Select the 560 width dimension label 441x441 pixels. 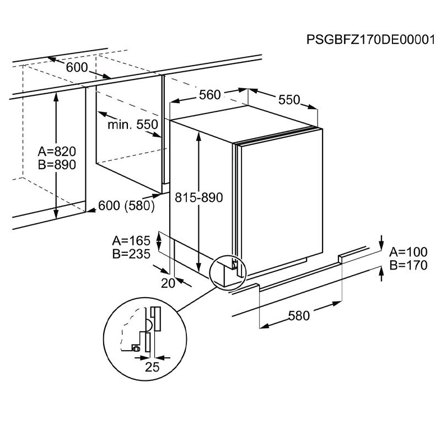(x=210, y=95)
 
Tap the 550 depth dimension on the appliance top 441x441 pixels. (x=288, y=99)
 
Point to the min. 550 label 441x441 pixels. (x=133, y=125)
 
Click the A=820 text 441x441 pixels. (x=57, y=152)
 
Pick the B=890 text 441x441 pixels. (x=57, y=164)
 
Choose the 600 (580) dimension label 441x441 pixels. (x=125, y=205)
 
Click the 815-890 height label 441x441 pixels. (x=198, y=197)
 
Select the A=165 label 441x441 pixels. (x=132, y=240)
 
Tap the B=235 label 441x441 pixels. (x=132, y=254)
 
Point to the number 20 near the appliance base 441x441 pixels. (x=169, y=283)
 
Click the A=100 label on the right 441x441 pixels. (x=408, y=252)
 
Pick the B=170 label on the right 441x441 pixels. (x=408, y=265)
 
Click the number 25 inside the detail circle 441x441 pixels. (x=152, y=367)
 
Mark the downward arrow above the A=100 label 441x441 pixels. (x=381, y=241)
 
